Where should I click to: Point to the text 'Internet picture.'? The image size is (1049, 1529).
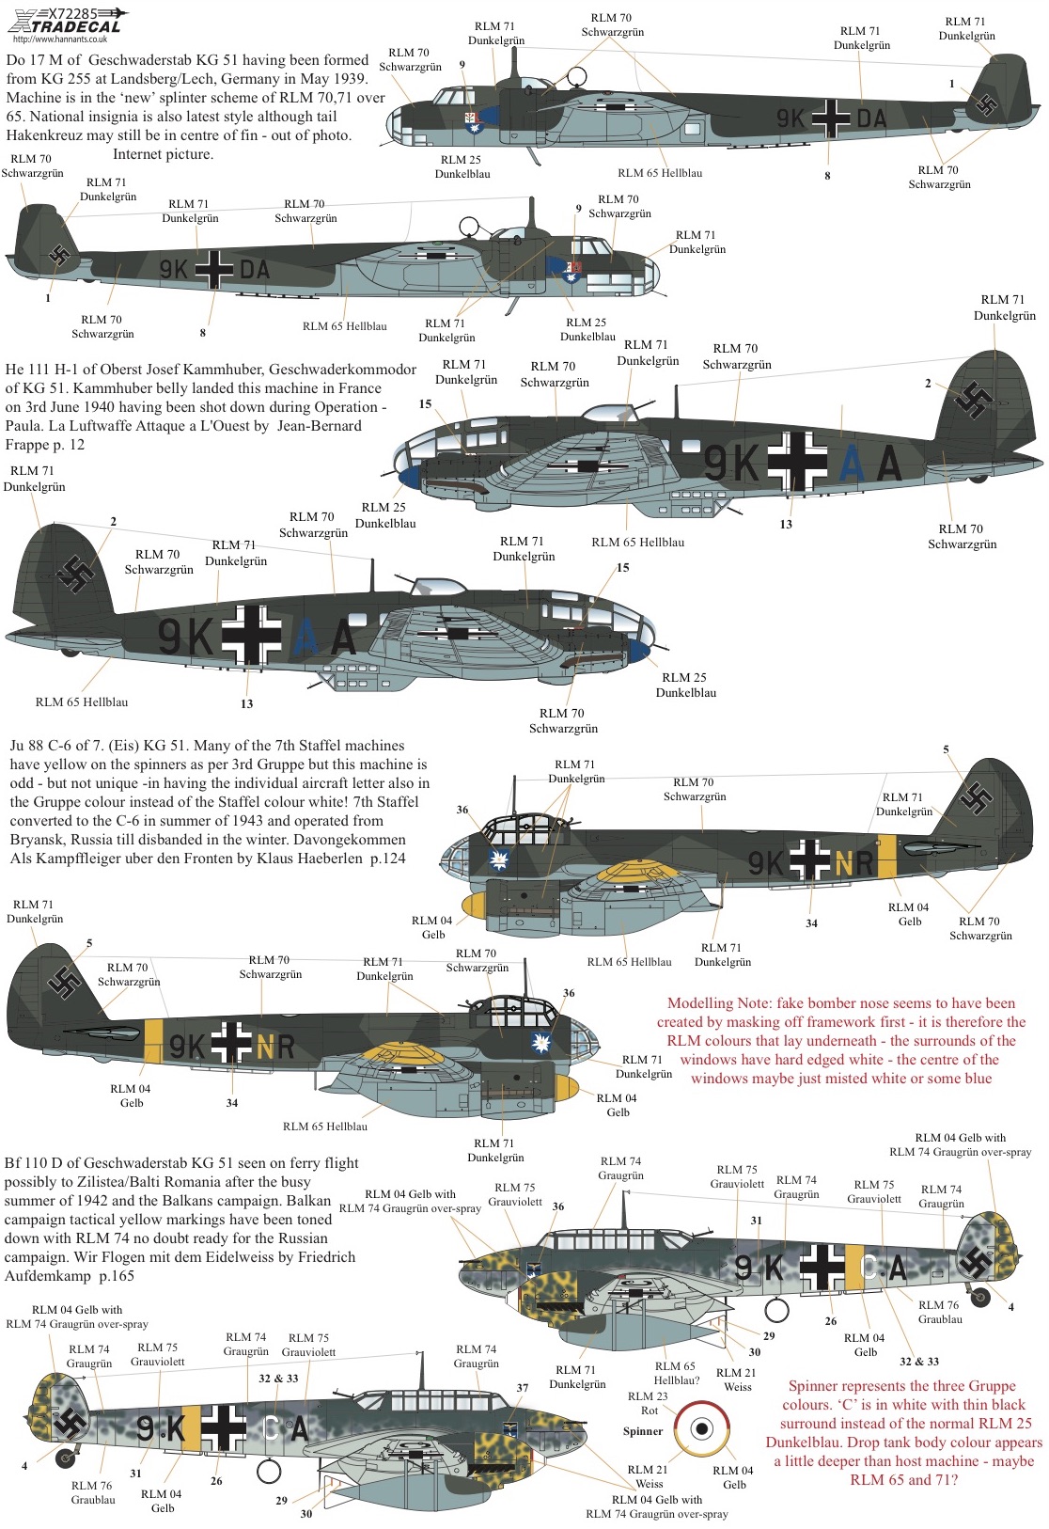(164, 154)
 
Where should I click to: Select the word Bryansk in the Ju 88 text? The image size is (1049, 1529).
(38, 840)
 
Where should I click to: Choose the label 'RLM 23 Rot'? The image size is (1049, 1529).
(649, 1403)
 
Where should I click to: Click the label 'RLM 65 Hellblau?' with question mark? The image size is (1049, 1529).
(677, 1373)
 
